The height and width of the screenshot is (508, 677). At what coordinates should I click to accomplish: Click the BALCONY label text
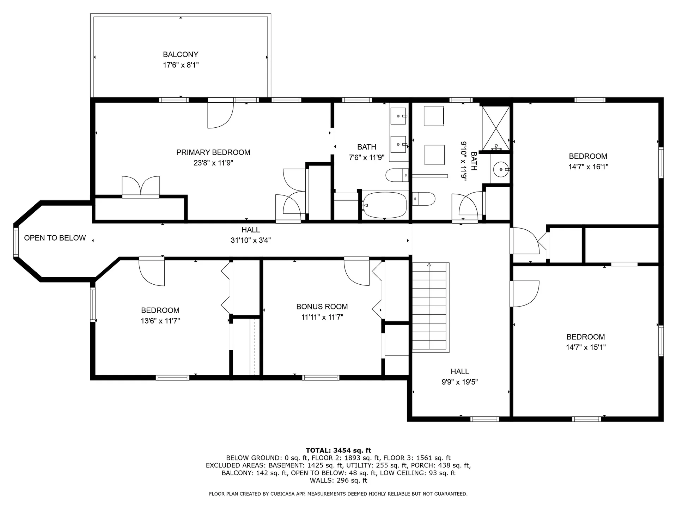[180, 54]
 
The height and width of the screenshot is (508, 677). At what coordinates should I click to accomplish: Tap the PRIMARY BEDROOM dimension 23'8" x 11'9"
[213, 163]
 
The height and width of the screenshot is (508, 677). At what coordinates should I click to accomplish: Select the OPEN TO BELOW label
[55, 238]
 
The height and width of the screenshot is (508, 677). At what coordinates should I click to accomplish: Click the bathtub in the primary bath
[385, 205]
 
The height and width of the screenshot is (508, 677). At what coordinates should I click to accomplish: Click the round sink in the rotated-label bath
[500, 169]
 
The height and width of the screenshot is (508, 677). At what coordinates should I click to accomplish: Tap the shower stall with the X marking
[495, 128]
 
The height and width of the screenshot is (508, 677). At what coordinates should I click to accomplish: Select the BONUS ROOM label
[322, 307]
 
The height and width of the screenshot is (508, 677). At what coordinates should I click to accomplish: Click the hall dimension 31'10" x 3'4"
[250, 240]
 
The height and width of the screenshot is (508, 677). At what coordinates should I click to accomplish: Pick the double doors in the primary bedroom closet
[141, 186]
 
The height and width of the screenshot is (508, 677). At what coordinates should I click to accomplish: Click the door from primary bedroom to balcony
[221, 115]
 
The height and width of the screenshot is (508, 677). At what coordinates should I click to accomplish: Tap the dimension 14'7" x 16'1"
[588, 167]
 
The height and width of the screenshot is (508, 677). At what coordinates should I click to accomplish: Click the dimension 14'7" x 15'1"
[586, 347]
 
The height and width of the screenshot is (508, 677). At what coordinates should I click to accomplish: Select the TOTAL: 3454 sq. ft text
[338, 450]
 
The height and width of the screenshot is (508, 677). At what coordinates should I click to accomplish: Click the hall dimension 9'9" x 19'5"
[459, 382]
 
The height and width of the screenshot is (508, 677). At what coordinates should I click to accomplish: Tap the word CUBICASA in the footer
[281, 494]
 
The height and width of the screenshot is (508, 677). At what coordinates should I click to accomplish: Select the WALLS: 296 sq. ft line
[338, 480]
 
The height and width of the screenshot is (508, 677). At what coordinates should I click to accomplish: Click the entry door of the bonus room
[357, 272]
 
